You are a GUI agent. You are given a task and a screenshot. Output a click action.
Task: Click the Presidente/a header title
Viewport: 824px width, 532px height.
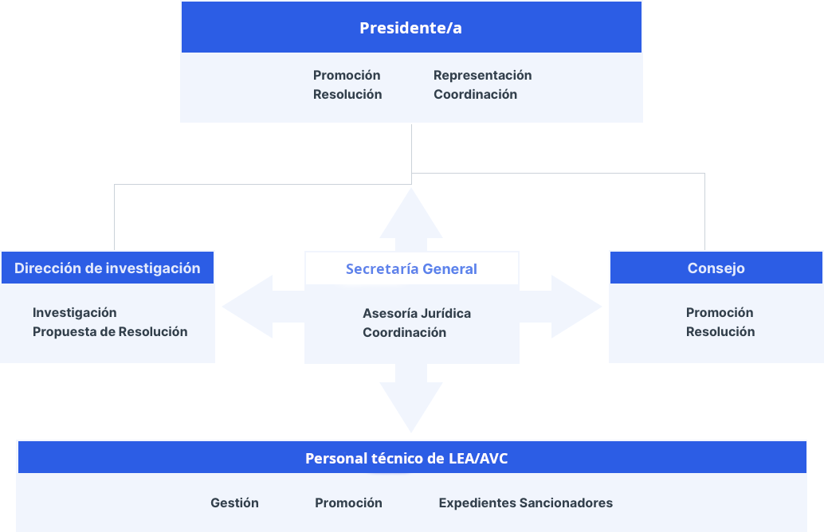[x=410, y=28]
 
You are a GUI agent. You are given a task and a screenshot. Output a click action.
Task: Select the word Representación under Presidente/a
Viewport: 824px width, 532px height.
[x=482, y=75]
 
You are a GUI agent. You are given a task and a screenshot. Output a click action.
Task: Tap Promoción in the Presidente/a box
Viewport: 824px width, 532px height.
[x=347, y=75]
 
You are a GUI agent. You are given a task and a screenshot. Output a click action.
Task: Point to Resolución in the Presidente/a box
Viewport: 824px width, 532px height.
[x=347, y=94]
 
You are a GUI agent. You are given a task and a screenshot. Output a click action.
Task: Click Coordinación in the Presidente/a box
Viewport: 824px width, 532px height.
[x=475, y=94]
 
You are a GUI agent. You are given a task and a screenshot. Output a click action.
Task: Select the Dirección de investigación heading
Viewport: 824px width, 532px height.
[x=107, y=268]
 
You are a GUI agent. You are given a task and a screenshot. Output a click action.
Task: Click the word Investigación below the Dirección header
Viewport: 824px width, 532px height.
[x=74, y=312]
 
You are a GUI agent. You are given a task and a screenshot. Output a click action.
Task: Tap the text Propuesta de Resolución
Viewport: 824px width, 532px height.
[x=110, y=331]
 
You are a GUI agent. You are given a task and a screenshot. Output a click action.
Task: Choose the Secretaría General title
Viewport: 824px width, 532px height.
[x=411, y=269]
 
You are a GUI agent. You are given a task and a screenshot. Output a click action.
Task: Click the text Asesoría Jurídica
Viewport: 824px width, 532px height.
[x=416, y=313]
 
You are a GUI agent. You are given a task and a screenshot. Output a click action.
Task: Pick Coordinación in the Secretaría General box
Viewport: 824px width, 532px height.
[x=404, y=332]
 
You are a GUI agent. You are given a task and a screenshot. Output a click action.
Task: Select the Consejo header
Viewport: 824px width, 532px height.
[x=716, y=268]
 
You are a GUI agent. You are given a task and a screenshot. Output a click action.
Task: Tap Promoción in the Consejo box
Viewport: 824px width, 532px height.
[x=719, y=312]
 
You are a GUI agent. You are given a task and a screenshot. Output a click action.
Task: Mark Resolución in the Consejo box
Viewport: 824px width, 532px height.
[x=720, y=331]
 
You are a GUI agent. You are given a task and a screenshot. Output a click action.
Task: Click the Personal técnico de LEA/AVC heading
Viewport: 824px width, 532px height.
[x=406, y=459]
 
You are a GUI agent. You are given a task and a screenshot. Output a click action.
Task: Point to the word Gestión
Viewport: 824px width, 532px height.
[x=234, y=503]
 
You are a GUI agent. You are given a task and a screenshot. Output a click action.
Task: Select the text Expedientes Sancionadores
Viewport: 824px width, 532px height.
[x=525, y=503]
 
